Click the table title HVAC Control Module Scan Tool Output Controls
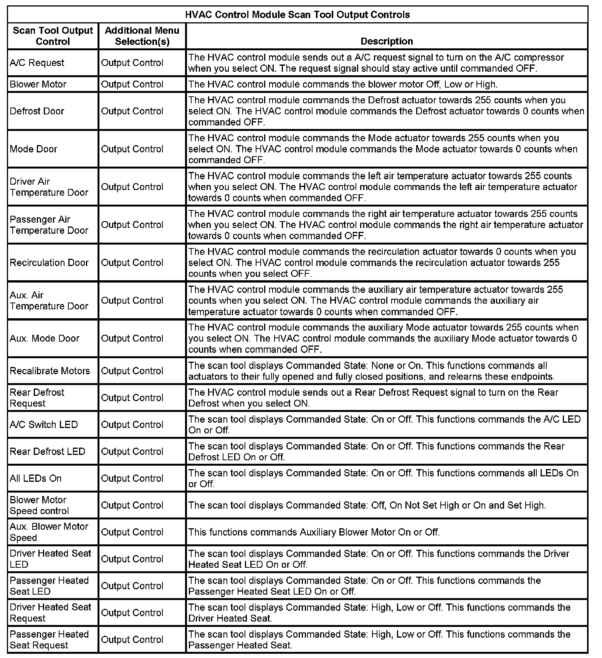[x=298, y=15]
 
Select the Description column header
[x=387, y=41]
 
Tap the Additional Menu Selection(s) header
[x=142, y=36]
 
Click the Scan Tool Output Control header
[x=53, y=36]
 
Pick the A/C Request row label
[x=37, y=63]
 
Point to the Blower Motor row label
[x=38, y=84]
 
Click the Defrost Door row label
[x=37, y=111]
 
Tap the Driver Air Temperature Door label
[x=49, y=187]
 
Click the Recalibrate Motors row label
[x=50, y=370]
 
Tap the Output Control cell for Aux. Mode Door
[x=132, y=338]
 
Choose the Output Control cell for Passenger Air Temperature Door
[x=132, y=225]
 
